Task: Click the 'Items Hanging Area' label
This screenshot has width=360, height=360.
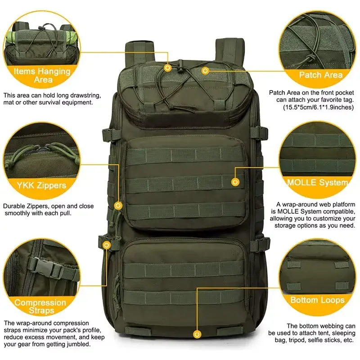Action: [42, 75]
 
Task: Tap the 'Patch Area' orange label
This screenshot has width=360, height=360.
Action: [321, 75]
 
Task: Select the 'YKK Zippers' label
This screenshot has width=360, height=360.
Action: [41, 185]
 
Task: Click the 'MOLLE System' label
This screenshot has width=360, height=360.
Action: [318, 183]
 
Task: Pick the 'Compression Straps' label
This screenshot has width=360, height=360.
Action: [40, 306]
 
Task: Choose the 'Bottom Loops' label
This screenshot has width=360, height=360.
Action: [318, 300]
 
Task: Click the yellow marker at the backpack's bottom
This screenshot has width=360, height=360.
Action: [197, 334]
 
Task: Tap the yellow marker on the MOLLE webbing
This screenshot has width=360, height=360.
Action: [235, 182]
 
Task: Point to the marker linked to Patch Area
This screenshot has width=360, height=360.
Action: [205, 71]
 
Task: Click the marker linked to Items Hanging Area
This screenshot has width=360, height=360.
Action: [168, 68]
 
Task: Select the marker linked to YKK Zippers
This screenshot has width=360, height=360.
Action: [118, 205]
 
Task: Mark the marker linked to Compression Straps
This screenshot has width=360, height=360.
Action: [106, 245]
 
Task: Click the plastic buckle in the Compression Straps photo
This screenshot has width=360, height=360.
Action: [46, 267]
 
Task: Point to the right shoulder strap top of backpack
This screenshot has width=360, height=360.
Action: [229, 50]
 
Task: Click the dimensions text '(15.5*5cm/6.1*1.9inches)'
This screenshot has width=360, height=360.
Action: [318, 107]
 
